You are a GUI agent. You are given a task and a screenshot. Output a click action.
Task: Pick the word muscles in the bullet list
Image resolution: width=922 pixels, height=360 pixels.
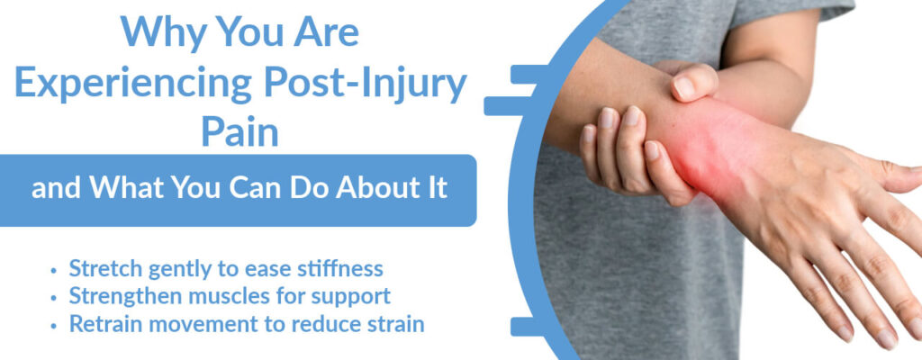(220, 296)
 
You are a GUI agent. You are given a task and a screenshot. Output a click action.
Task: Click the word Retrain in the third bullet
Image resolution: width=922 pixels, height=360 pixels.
(104, 323)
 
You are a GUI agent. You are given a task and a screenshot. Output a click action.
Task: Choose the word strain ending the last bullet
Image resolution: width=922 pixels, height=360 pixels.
(393, 323)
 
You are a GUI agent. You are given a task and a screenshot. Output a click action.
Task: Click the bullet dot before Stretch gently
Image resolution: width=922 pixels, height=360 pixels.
(56, 270)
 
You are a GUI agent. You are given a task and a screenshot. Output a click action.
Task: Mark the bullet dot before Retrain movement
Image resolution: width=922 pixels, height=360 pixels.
(56, 324)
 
